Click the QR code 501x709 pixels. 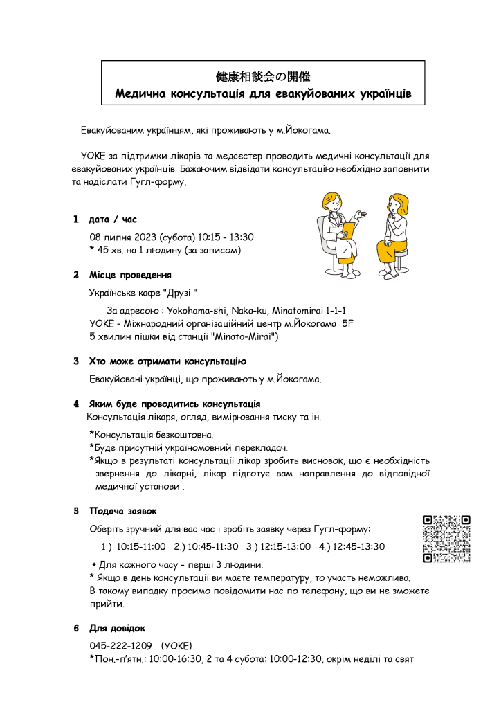(446, 539)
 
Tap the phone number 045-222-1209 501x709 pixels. (120, 645)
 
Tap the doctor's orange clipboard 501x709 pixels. (350, 229)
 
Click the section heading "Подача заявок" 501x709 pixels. (122, 511)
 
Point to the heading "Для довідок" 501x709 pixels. (117, 628)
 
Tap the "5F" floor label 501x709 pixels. (348, 323)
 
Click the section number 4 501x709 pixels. (76, 403)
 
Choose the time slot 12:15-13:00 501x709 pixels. (285, 546)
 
